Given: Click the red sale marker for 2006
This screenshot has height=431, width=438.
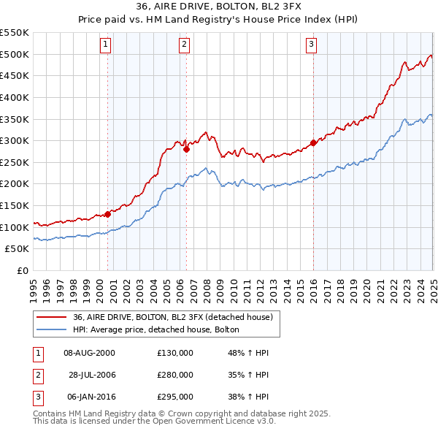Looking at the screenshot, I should (x=186, y=149).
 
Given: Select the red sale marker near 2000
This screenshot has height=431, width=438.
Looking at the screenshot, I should (x=107, y=214).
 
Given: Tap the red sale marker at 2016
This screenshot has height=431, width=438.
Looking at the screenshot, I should (x=313, y=142).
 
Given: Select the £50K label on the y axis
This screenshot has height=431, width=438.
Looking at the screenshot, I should (x=17, y=249).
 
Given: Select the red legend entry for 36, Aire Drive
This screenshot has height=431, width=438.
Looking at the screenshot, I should (x=172, y=317).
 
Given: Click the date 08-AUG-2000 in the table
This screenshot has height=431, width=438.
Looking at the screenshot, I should (x=89, y=353).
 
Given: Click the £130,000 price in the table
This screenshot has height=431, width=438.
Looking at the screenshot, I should (x=175, y=353).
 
